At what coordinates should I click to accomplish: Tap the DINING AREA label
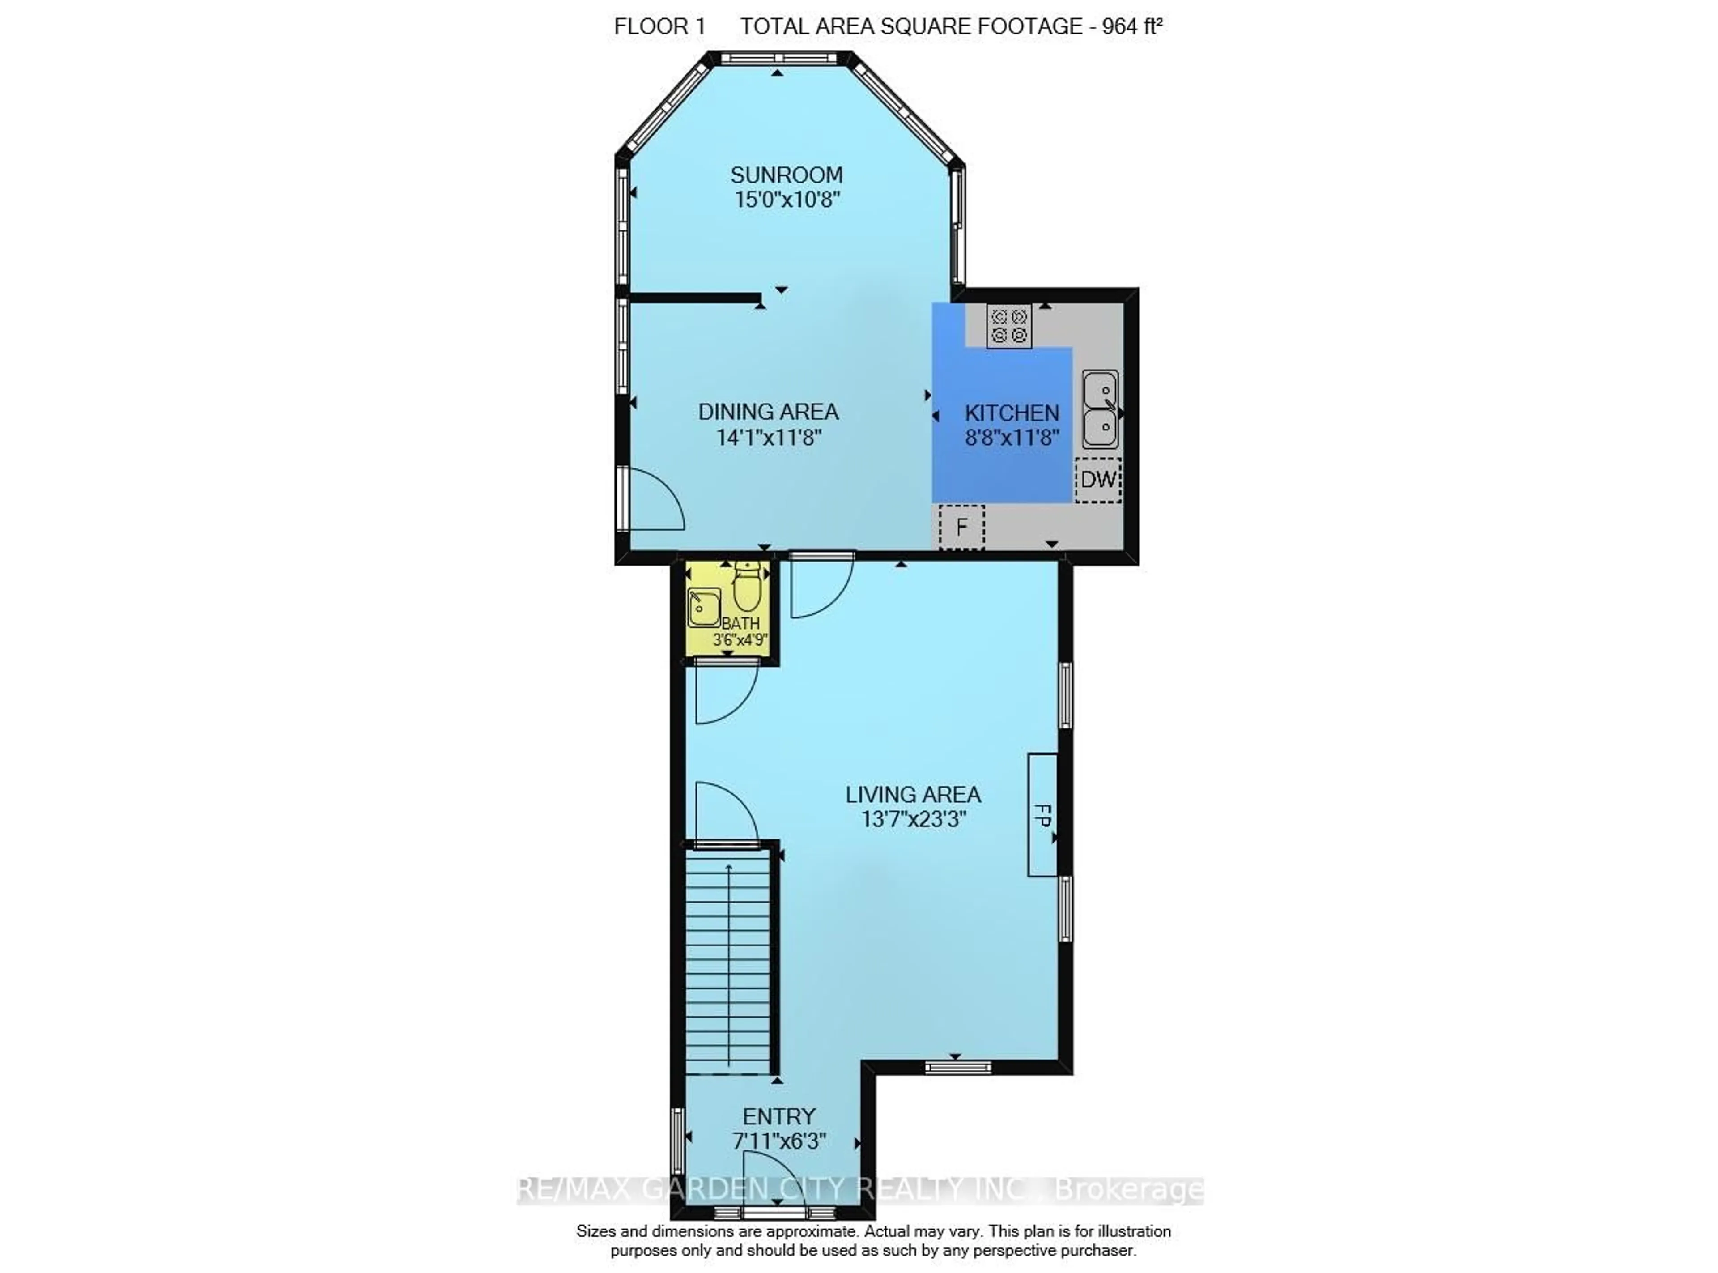coord(768,412)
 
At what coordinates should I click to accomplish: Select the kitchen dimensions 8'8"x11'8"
coord(1012,438)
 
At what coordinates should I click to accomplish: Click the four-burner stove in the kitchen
coord(1008,326)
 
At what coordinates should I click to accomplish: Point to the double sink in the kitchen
coord(1100,409)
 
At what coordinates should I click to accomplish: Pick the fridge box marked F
coord(961,527)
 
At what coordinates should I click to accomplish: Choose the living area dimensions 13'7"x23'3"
coord(913,818)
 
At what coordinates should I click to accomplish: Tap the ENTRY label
coord(779,1116)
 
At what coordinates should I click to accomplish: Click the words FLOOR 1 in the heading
coord(659,26)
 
